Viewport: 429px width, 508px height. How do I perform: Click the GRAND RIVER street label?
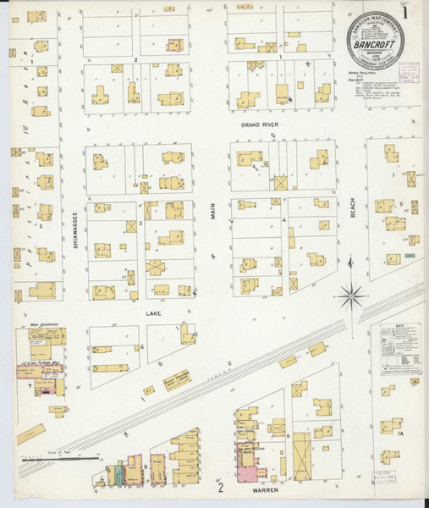point(259,124)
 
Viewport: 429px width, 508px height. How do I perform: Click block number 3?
point(140,224)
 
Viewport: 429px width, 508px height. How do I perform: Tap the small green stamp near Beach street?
point(410,255)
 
